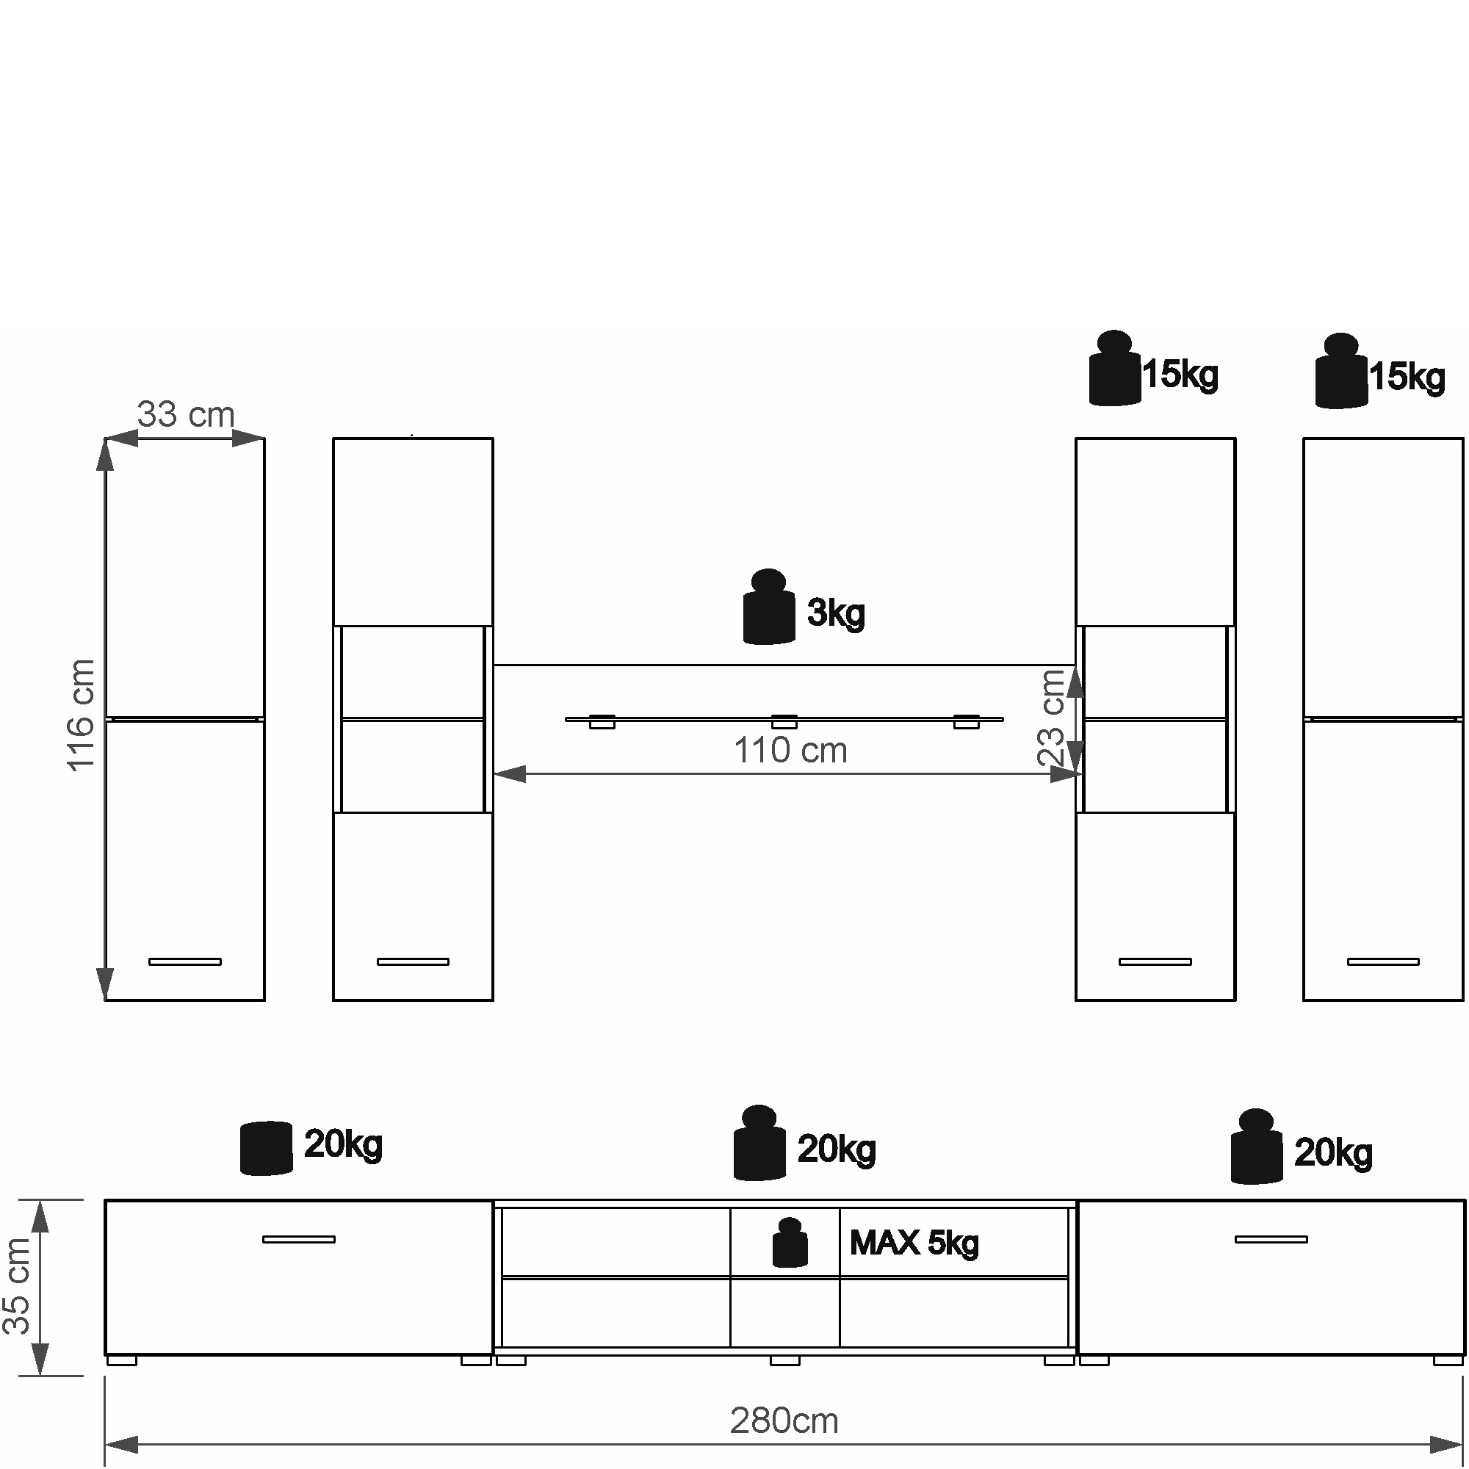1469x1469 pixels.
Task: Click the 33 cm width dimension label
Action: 186,415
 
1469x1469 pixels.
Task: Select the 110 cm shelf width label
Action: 790,751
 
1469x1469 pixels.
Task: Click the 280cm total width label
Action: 784,1421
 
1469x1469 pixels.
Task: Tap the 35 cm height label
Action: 18,1286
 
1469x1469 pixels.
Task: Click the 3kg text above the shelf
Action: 836,613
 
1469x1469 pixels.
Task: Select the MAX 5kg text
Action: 914,1244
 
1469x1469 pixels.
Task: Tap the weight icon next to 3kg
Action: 768,607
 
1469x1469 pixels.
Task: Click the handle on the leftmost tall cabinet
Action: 185,962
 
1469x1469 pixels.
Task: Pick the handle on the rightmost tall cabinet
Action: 1382,962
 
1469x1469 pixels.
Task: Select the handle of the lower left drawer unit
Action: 299,1239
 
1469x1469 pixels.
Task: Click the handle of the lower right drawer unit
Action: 1271,1239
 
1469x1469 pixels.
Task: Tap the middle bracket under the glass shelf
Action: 784,722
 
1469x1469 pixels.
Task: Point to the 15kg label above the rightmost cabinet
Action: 1407,377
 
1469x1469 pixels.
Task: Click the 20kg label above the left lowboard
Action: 343,1144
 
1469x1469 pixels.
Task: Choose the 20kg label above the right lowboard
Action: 1333,1152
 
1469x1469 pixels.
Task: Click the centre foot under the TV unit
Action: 784,1360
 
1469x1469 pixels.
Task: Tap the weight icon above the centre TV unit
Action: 759,1144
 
